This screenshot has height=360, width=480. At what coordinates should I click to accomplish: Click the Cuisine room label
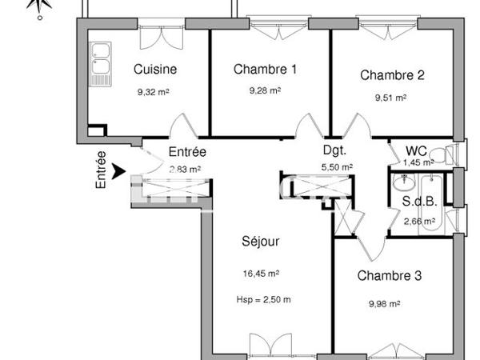155,70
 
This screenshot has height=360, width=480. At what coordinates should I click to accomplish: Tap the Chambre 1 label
265,70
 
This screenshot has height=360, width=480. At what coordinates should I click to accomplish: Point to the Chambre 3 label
390,277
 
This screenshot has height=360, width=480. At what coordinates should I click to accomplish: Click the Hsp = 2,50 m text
262,300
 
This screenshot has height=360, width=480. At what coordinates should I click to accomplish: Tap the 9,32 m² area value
154,92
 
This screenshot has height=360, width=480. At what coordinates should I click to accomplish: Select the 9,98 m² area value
384,303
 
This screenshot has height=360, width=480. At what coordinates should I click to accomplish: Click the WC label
415,150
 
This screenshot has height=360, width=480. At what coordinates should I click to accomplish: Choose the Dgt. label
334,150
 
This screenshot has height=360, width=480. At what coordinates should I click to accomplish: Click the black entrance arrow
119,170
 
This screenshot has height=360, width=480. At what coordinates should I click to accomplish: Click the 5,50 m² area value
337,167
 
